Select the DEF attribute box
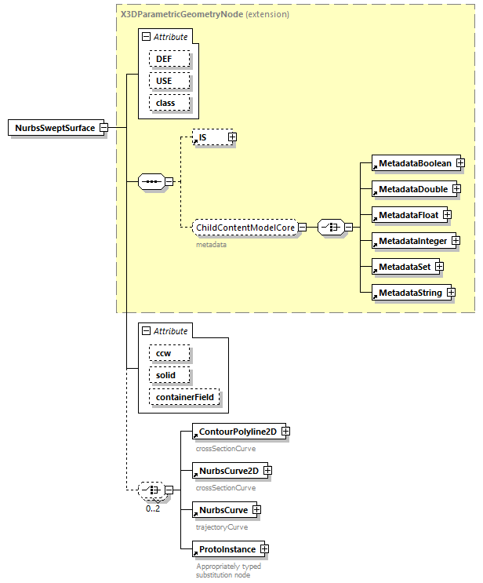pyautogui.click(x=164, y=59)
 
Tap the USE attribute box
pyautogui.click(x=164, y=81)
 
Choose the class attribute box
pyautogui.click(x=165, y=103)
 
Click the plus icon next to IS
pyautogui.click(x=232, y=137)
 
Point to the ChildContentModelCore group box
pyautogui.click(x=245, y=228)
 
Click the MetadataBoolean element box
pyautogui.click(x=414, y=163)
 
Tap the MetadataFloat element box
pyautogui.click(x=409, y=214)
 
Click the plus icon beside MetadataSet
pyautogui.click(x=439, y=267)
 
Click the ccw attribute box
pyautogui.click(x=164, y=353)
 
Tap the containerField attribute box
pyautogui.click(x=184, y=398)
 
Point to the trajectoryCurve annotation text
pyautogui.click(x=221, y=527)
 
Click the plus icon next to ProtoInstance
pyautogui.click(x=264, y=549)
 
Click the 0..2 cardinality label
pyautogui.click(x=153, y=508)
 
